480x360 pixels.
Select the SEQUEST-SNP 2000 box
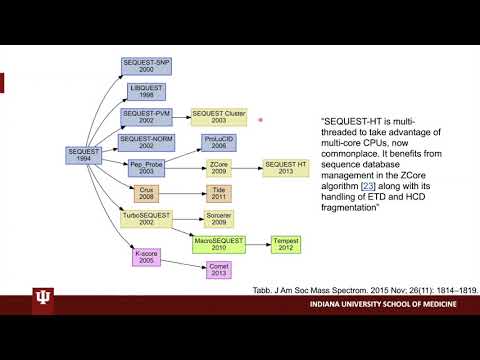coord(145,65)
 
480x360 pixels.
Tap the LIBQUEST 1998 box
coord(145,91)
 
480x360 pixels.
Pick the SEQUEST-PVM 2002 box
coord(145,117)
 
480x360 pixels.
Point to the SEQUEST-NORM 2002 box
coord(146,141)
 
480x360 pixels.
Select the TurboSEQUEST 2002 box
coord(146,217)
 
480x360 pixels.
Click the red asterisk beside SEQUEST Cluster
coord(261,120)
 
